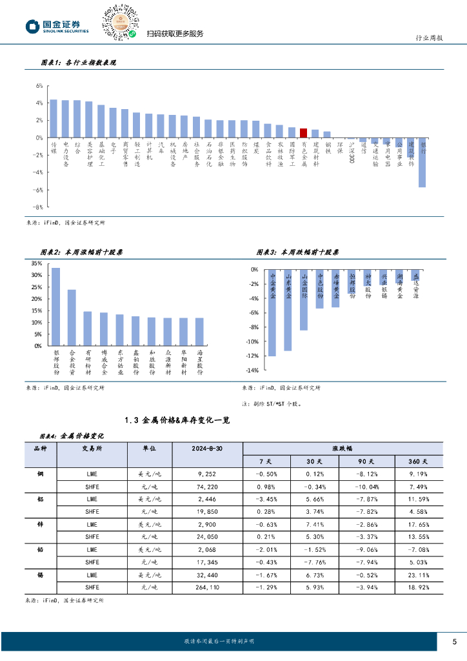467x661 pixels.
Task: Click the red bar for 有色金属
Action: (x=303, y=133)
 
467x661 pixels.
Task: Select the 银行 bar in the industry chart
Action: (x=422, y=162)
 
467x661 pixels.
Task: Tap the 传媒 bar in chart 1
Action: (x=54, y=119)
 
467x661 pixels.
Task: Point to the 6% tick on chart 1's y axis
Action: (x=39, y=85)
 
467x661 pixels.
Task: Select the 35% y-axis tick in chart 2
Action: (x=36, y=263)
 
